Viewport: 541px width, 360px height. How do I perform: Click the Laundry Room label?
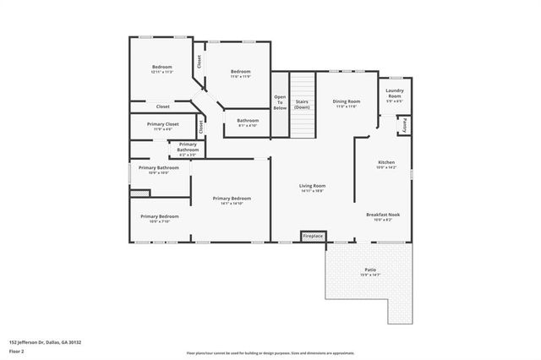pyautogui.click(x=394, y=95)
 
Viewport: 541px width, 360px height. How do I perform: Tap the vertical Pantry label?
pyautogui.click(x=406, y=125)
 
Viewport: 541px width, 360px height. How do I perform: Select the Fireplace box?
pyautogui.click(x=314, y=236)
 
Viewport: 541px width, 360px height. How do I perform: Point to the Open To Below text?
pyautogui.click(x=280, y=102)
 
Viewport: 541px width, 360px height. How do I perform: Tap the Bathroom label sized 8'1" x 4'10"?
pyautogui.click(x=248, y=123)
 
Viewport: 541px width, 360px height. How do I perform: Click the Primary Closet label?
pyautogui.click(x=161, y=127)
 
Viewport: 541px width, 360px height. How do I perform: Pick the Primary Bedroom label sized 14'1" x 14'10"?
pyautogui.click(x=232, y=200)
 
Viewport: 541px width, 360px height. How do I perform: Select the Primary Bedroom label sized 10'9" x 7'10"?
pyautogui.click(x=159, y=218)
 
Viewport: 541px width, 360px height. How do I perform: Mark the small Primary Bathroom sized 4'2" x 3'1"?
pyautogui.click(x=188, y=149)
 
